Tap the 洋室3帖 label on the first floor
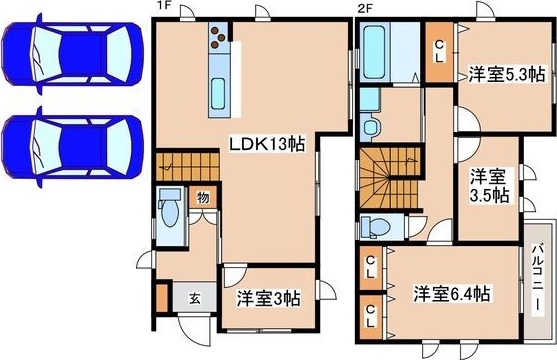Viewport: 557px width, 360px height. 267,298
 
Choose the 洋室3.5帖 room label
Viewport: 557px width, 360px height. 490,184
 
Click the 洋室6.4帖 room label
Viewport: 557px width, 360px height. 452,294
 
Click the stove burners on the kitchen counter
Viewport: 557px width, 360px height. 218,40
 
